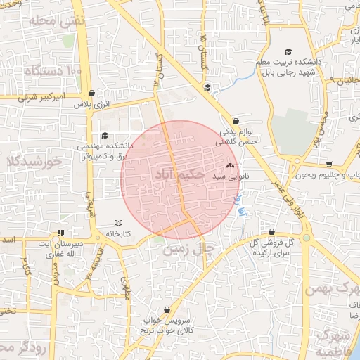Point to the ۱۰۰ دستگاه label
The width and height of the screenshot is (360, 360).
tap(53, 71)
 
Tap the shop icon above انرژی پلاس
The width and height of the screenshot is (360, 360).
tap(92, 93)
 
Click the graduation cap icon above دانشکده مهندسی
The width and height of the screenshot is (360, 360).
tap(105, 136)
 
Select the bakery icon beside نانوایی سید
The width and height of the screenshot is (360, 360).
tap(231, 166)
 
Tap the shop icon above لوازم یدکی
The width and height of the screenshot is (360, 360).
tap(236, 121)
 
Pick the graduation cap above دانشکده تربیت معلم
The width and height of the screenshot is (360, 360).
tap(287, 51)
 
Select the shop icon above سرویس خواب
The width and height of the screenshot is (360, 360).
tap(166, 309)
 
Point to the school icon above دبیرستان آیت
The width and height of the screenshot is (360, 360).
tap(61, 233)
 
